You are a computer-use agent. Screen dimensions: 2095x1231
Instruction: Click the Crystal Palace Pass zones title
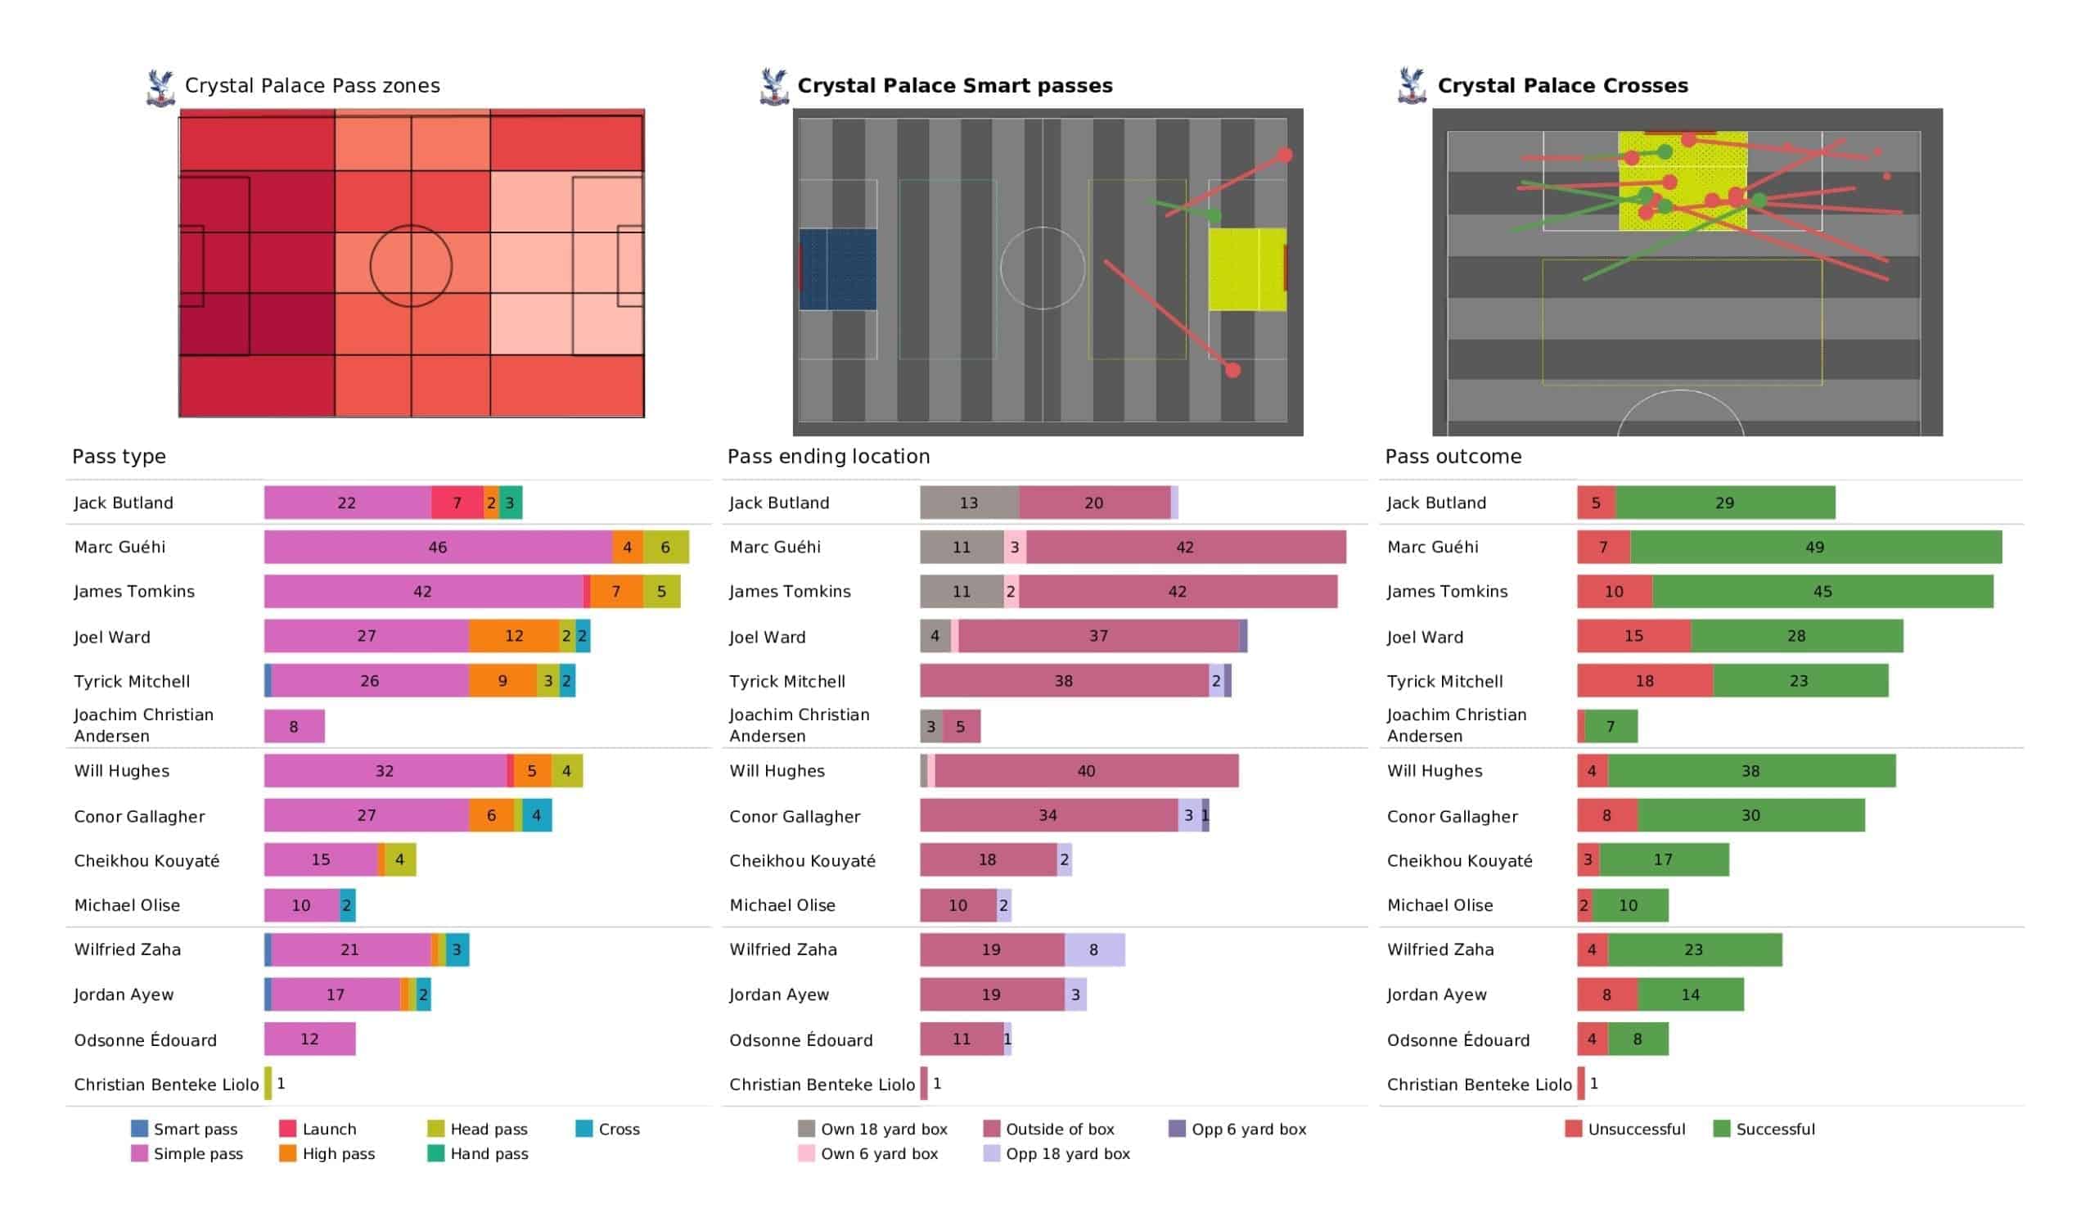coord(312,86)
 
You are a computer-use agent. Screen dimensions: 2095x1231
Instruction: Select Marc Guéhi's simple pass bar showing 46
coord(438,548)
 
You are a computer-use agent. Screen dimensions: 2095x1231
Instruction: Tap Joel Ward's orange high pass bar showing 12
coord(514,636)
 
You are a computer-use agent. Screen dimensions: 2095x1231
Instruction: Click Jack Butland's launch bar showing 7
coord(457,503)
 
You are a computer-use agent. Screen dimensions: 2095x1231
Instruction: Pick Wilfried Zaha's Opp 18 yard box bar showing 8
coord(1095,950)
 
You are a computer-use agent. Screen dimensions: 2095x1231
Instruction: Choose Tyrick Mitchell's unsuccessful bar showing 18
coord(1645,681)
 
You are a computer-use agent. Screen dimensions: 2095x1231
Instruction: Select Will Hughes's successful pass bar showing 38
coord(1751,771)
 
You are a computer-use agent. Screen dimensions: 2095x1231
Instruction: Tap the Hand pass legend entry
coord(478,1153)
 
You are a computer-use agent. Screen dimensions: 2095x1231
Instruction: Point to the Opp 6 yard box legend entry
coord(1238,1129)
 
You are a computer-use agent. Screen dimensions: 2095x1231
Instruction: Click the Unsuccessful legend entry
coord(1625,1129)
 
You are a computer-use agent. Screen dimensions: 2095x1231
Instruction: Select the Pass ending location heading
coord(829,457)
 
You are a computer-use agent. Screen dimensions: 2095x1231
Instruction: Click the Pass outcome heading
coord(1453,457)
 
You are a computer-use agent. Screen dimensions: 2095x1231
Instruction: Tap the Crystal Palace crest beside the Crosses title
coord(1412,86)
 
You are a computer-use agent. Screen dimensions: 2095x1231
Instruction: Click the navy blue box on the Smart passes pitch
coord(838,269)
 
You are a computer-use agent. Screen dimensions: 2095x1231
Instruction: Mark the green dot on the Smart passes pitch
coord(1214,216)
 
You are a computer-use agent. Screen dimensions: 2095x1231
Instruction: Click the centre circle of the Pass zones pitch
coord(412,225)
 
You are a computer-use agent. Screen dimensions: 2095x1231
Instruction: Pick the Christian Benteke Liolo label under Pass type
coord(166,1084)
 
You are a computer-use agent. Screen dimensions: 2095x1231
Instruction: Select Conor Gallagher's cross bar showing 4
coord(537,816)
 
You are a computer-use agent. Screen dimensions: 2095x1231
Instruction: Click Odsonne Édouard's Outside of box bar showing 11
coord(962,1039)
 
